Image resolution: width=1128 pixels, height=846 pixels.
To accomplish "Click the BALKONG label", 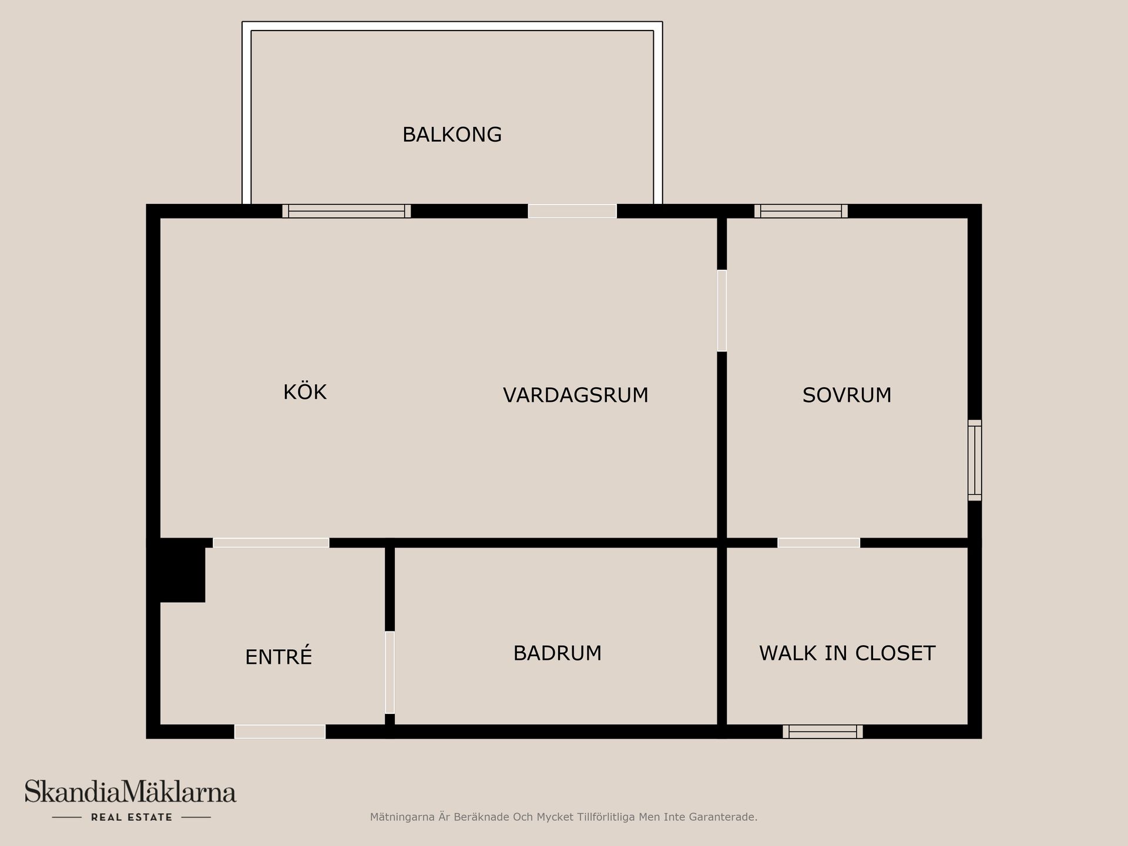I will tap(452, 135).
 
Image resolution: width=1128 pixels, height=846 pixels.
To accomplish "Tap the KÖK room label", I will tap(304, 392).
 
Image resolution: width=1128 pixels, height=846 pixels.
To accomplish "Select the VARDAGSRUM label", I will tap(575, 395).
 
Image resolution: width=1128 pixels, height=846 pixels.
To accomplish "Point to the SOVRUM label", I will tap(847, 395).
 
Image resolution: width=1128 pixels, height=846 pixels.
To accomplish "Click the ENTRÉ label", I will tap(278, 657).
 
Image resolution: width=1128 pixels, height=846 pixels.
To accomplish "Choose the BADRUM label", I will tap(557, 653).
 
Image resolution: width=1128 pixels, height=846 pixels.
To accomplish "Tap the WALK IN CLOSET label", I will tap(847, 653).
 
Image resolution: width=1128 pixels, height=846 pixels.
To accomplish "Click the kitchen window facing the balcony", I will tap(347, 211).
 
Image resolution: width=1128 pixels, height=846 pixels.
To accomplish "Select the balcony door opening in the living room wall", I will tap(572, 211).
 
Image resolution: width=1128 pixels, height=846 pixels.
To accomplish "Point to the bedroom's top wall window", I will tap(801, 211).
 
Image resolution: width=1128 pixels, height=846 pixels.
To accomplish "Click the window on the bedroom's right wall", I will tap(975, 460).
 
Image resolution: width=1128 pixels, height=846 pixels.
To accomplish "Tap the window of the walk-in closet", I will tap(822, 731).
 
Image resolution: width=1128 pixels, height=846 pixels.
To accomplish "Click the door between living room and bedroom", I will tap(722, 310).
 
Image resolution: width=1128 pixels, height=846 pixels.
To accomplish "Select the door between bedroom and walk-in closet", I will tap(818, 543).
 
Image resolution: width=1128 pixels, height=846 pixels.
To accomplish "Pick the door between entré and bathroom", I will tap(390, 672).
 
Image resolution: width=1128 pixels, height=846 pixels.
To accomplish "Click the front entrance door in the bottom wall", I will tap(280, 731).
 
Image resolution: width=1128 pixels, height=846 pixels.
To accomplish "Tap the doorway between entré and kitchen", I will tap(271, 543).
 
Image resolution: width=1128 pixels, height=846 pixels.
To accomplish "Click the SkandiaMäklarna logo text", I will tap(130, 792).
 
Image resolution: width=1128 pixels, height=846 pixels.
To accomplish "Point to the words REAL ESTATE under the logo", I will tap(132, 817).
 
